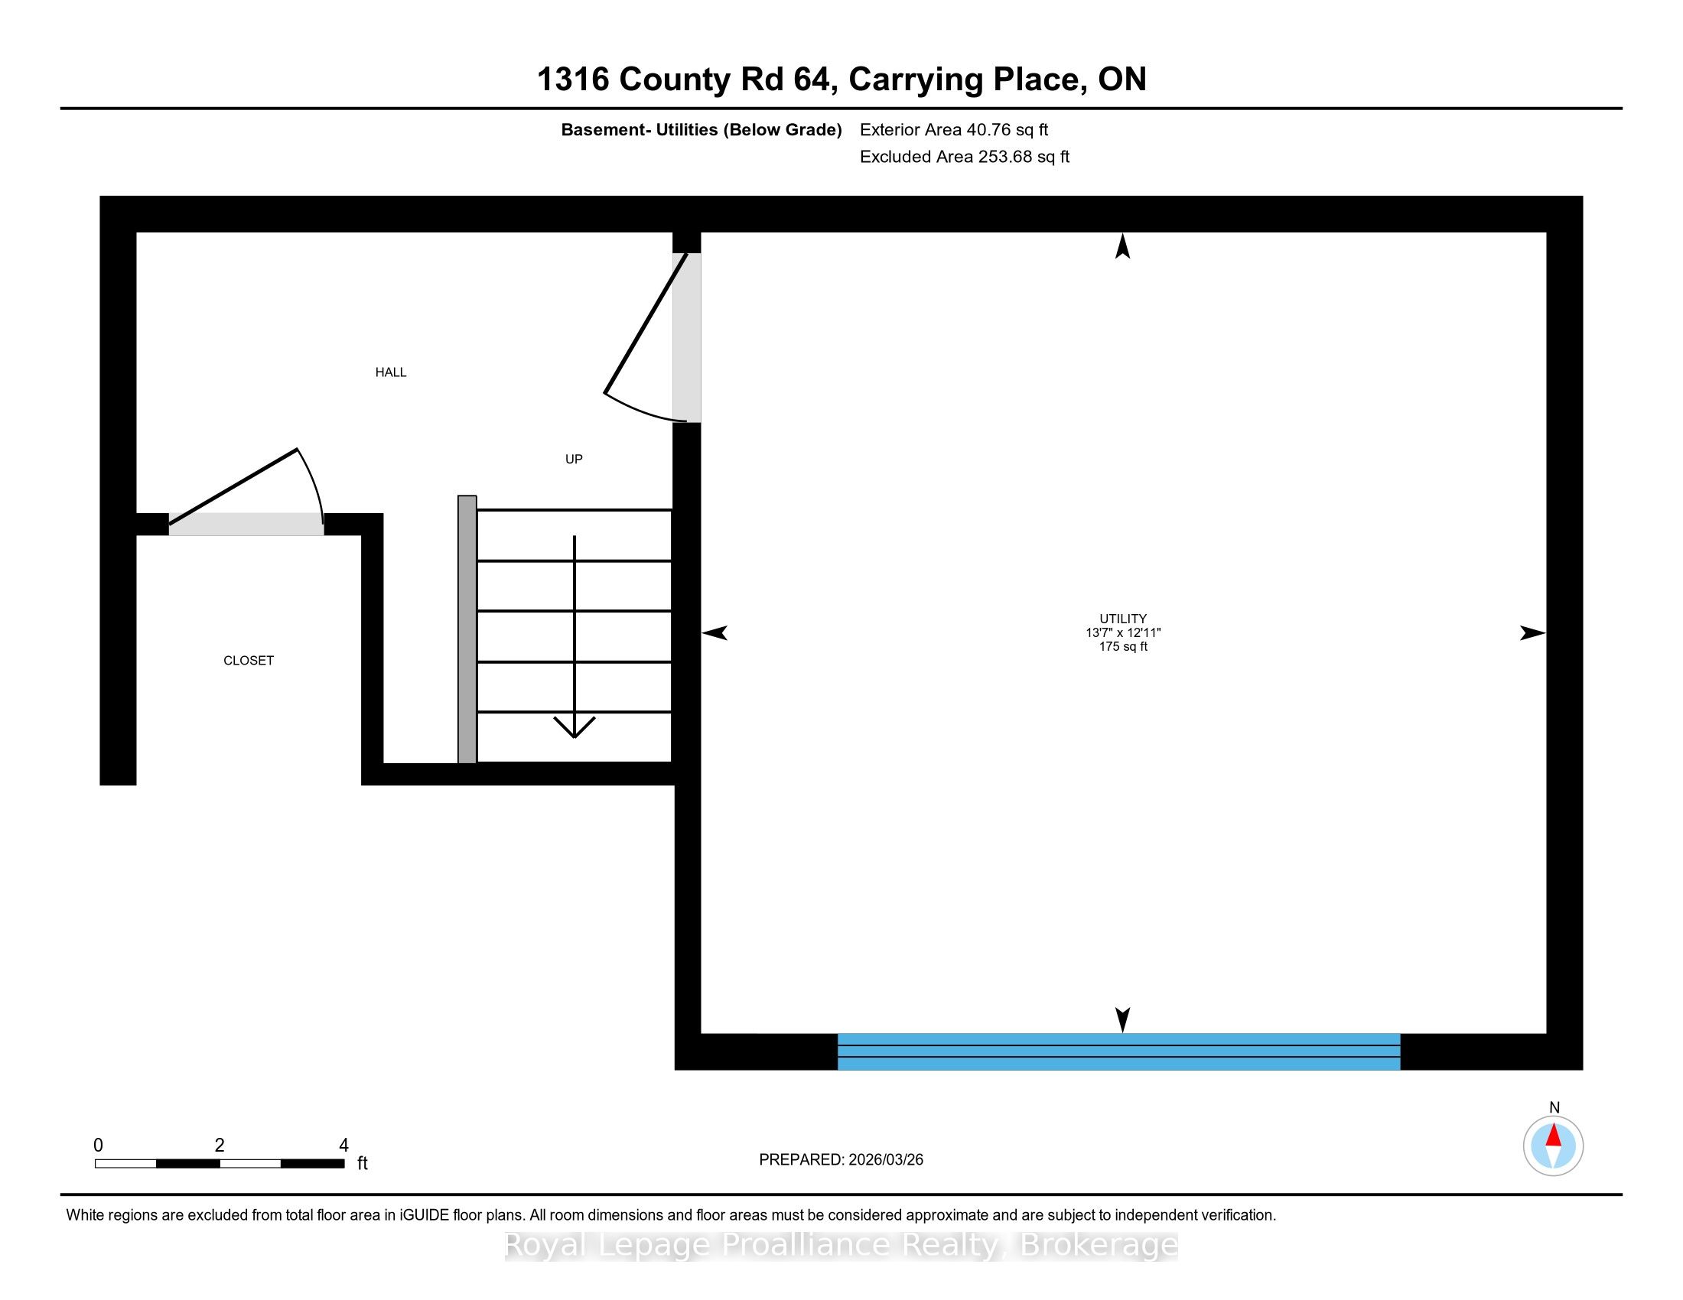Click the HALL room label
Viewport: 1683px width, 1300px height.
pyautogui.click(x=391, y=372)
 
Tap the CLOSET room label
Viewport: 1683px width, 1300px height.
pyautogui.click(x=248, y=661)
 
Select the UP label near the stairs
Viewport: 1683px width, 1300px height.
pyautogui.click(x=574, y=459)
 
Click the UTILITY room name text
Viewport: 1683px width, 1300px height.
pyautogui.click(x=1123, y=619)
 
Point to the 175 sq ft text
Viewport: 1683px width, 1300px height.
pyautogui.click(x=1123, y=647)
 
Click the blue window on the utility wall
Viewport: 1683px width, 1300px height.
pyautogui.click(x=1119, y=1051)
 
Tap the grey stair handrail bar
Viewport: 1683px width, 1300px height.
pyautogui.click(x=467, y=629)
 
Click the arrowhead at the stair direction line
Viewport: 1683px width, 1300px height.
pyautogui.click(x=574, y=727)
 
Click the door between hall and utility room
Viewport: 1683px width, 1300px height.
pyautogui.click(x=646, y=323)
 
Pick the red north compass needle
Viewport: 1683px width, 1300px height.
pyautogui.click(x=1554, y=1135)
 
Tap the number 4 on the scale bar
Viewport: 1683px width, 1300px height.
pyautogui.click(x=343, y=1146)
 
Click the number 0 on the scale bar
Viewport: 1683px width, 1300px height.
pyautogui.click(x=99, y=1146)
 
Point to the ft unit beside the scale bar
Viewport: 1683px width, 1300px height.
pyautogui.click(x=362, y=1163)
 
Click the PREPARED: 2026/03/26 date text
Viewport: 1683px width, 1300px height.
pyautogui.click(x=841, y=1160)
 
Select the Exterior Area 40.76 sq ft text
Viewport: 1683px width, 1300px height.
pyautogui.click(x=954, y=130)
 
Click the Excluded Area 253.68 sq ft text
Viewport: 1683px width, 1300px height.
pyautogui.click(x=965, y=157)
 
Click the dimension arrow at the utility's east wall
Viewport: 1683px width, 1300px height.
pyautogui.click(x=1532, y=633)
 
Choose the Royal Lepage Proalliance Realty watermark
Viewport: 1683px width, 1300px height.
pyautogui.click(x=841, y=1245)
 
